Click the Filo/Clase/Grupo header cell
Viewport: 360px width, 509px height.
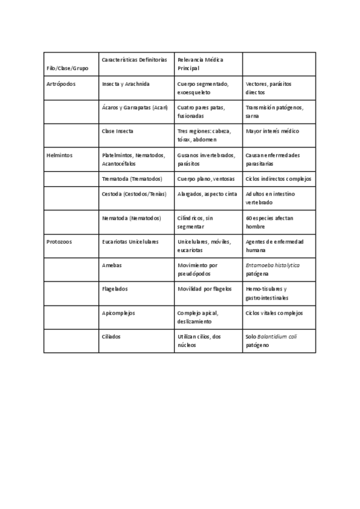(67, 68)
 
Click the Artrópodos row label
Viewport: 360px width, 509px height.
(61, 84)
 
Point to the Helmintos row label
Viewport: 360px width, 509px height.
(59, 155)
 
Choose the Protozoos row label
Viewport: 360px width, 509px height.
(59, 241)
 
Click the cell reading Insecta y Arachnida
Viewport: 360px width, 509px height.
(126, 84)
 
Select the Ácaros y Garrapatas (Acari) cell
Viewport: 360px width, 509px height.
(135, 107)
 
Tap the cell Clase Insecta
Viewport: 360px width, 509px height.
(118, 131)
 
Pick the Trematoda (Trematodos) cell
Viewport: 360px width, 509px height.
(132, 179)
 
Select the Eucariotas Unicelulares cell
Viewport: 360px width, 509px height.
(130, 241)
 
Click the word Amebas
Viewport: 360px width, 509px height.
(112, 265)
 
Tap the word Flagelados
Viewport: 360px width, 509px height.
(115, 289)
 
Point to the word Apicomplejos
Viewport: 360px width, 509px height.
(118, 313)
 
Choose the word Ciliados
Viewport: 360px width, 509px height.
(112, 337)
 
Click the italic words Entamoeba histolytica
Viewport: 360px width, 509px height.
(272, 265)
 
